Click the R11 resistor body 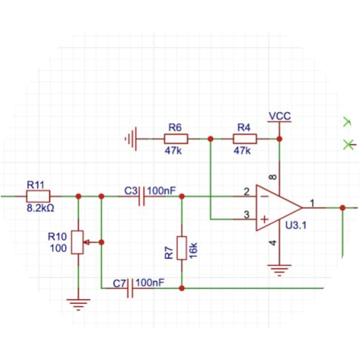point(38,196)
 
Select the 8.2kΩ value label point(40,208)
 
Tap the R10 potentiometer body point(77,242)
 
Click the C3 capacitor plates point(142,196)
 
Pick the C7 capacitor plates point(130,288)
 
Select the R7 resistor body point(181,248)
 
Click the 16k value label point(193,250)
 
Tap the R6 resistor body point(176,139)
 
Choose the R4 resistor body point(245,139)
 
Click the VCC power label point(280,116)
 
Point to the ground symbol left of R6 point(131,139)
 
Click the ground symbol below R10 point(78,304)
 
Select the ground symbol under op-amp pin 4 point(280,270)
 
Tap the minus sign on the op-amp point(265,196)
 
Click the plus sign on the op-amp point(264,219)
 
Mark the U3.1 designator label point(296,226)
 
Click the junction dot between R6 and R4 point(210,139)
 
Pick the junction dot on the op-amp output point(343,208)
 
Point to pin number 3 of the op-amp point(246,215)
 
